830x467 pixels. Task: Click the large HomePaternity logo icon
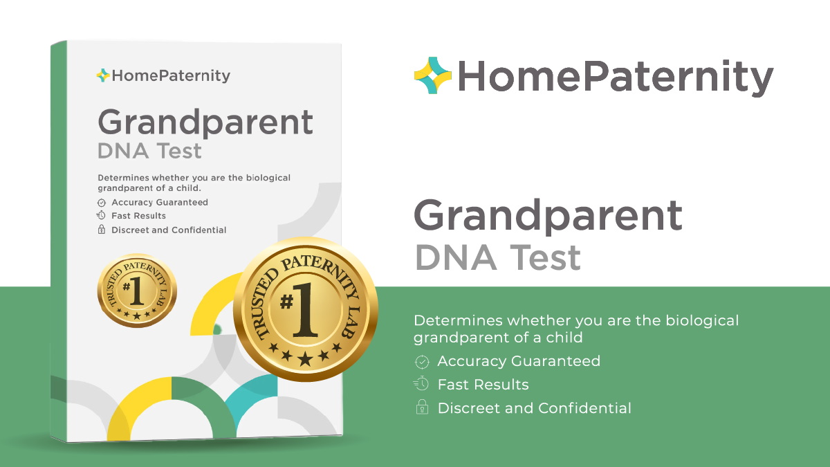click(433, 75)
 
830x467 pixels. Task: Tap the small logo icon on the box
click(103, 75)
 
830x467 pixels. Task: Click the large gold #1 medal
click(305, 309)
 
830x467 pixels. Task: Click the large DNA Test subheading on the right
click(498, 257)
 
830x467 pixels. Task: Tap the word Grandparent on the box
click(205, 123)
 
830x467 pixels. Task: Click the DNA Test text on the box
click(149, 151)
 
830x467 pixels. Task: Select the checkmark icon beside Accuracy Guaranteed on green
click(421, 361)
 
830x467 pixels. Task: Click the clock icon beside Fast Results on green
click(421, 384)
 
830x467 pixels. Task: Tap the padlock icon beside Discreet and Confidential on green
click(421, 408)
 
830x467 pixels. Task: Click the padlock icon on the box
click(102, 230)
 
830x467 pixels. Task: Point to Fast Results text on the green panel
click(483, 385)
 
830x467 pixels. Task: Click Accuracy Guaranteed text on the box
click(159, 203)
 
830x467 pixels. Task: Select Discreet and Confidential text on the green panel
click(534, 408)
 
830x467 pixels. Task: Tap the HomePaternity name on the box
click(170, 76)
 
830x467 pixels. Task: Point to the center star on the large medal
click(305, 358)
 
